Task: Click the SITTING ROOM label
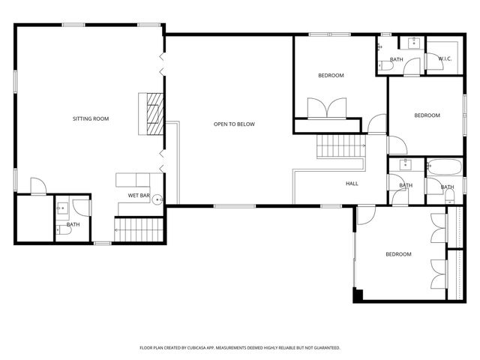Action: point(91,119)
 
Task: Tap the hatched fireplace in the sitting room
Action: point(154,112)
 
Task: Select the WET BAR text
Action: point(139,196)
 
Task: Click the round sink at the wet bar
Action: point(157,199)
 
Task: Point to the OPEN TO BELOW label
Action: point(234,124)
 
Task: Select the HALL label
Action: point(352,184)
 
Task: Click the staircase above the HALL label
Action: point(340,145)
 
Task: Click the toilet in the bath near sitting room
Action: point(64,232)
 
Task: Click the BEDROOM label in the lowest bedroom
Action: point(398,254)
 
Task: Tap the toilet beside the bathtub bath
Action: point(449,196)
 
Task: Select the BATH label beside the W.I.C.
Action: point(396,60)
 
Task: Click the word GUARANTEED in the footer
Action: point(324,348)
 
